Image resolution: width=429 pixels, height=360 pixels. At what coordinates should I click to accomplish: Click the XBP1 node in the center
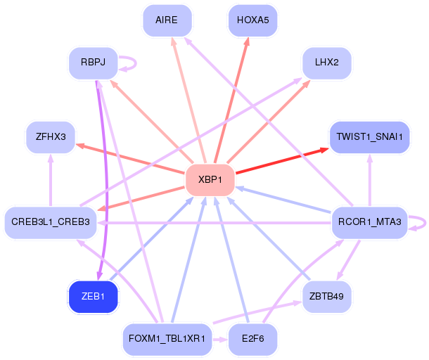click(210, 180)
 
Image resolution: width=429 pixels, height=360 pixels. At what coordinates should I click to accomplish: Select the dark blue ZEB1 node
click(93, 297)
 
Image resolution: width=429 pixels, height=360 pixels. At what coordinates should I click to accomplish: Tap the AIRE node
click(167, 20)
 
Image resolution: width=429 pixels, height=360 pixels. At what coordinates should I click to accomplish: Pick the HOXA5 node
click(252, 20)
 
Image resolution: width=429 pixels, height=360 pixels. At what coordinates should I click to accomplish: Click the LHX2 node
click(327, 63)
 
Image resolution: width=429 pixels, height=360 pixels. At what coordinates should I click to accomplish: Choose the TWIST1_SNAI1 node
click(370, 137)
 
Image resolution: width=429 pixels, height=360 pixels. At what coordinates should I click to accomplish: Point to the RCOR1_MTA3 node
click(370, 222)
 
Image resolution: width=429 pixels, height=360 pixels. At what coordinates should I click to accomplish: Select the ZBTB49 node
click(327, 297)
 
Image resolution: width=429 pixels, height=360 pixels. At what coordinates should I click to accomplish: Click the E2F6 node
click(252, 339)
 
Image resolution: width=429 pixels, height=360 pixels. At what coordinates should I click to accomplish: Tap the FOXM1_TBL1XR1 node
click(167, 339)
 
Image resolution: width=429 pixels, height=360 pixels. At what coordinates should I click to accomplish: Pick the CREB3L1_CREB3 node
click(51, 222)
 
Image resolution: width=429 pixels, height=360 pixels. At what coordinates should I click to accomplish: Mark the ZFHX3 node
click(51, 137)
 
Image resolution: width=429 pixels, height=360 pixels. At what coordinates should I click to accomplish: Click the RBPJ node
click(93, 63)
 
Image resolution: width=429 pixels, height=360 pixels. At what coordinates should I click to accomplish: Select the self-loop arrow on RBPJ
click(136, 63)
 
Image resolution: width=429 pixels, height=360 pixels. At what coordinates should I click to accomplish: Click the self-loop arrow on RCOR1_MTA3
click(425, 223)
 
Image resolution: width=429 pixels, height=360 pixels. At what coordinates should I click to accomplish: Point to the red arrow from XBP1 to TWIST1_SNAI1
click(282, 160)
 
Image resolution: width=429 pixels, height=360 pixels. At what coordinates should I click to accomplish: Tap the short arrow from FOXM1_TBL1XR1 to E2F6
click(220, 340)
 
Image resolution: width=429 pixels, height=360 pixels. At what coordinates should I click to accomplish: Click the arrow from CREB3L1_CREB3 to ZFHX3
click(51, 180)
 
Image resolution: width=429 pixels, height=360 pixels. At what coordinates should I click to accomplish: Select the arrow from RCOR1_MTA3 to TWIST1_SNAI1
click(370, 180)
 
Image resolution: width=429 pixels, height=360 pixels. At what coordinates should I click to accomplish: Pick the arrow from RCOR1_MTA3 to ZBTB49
click(348, 260)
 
